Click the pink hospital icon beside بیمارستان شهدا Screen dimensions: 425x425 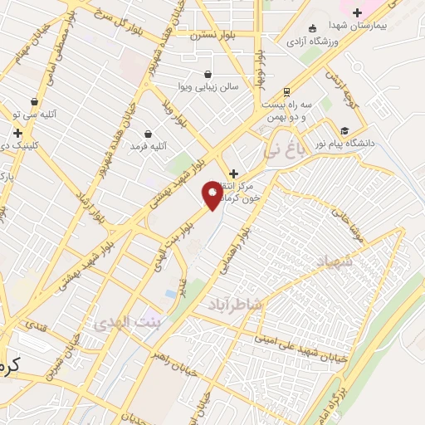click(x=358, y=12)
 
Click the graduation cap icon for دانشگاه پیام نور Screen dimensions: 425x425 click(x=344, y=129)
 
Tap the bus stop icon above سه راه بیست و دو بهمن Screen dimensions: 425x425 click(x=286, y=91)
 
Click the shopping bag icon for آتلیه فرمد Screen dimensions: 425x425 click(x=148, y=134)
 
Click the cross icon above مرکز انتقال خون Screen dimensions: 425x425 click(x=233, y=173)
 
